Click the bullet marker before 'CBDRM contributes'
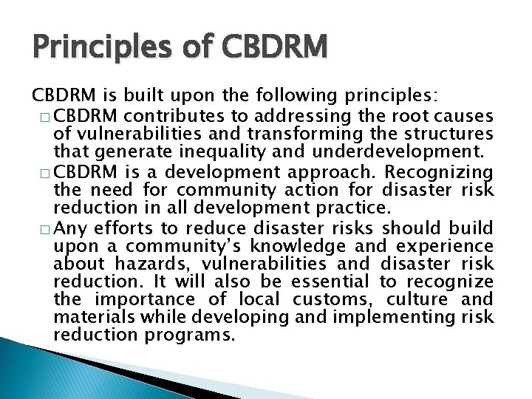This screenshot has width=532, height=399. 41,116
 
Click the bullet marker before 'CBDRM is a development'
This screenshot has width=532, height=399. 41,173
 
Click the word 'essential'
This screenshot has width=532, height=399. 330,282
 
